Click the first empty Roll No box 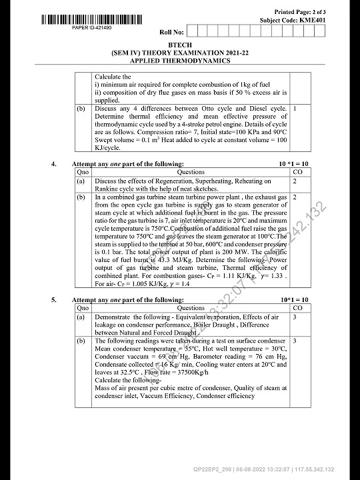coord(193,31)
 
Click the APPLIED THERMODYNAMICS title coord(180,61)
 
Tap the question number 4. coord(54,163)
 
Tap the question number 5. coord(54,301)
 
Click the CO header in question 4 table coord(297,171)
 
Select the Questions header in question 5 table coord(191,308)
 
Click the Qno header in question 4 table coord(83,171)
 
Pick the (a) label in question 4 coord(81,181)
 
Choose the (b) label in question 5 coord(81,341)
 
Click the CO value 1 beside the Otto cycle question coord(294,107)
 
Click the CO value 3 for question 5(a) coord(294,317)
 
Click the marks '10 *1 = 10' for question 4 coord(294,163)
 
